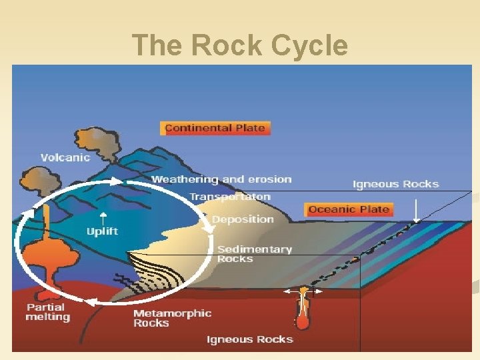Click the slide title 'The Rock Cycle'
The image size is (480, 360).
tap(239, 46)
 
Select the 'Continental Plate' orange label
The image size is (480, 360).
tap(215, 128)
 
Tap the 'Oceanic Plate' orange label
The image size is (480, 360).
tap(349, 209)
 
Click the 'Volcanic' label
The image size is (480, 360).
tap(65, 158)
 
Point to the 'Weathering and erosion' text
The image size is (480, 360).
tap(221, 179)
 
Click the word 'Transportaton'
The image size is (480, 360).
tap(230, 197)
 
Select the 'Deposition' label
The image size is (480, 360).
tap(243, 219)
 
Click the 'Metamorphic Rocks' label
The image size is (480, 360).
tap(172, 318)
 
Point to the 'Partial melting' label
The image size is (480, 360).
tap(47, 312)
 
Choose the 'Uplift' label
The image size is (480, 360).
tap(102, 231)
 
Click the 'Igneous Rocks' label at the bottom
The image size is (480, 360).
tap(249, 339)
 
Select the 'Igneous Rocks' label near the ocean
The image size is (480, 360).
tap(395, 184)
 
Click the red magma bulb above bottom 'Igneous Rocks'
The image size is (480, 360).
tap(303, 321)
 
